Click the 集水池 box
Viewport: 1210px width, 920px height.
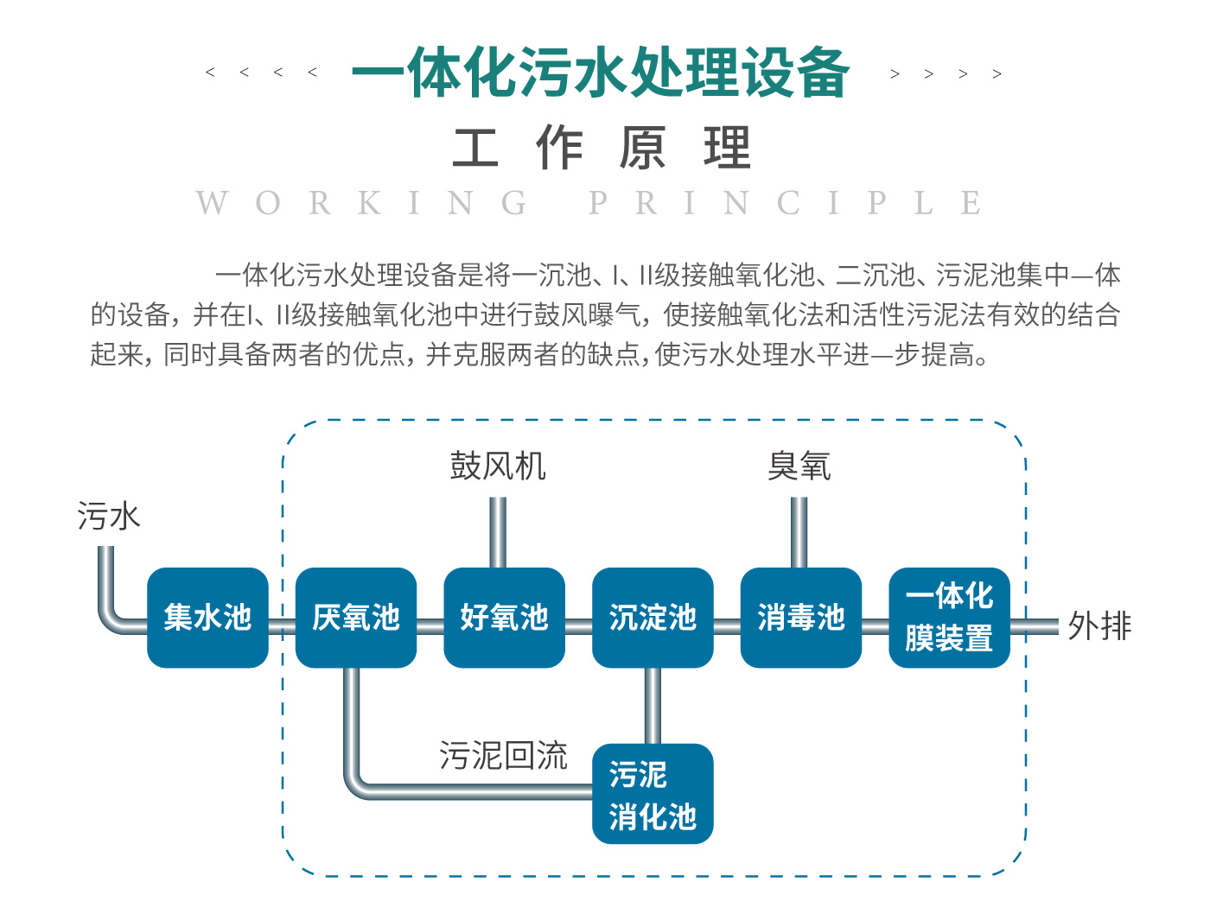[207, 618]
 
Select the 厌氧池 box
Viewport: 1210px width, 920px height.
[356, 618]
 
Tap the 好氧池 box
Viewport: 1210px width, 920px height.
[504, 618]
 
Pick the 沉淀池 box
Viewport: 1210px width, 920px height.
[653, 618]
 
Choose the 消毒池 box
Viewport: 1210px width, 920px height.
[801, 618]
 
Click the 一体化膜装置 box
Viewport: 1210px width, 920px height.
[949, 618]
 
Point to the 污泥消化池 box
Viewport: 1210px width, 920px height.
[653, 794]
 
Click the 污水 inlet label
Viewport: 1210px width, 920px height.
[109, 517]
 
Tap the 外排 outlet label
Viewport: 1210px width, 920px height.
[1099, 626]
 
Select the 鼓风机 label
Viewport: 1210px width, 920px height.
[498, 466]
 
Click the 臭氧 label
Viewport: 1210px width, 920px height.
[799, 466]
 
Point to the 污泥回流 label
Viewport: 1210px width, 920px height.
[503, 756]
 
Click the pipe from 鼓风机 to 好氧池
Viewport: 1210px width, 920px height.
[498, 532]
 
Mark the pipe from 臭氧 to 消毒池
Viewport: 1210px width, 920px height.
[799, 532]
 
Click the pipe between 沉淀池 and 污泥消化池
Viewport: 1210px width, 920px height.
[653, 705]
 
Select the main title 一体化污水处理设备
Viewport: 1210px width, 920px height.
[602, 72]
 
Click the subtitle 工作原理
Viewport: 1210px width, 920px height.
[602, 149]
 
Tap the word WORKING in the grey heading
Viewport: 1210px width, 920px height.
[362, 204]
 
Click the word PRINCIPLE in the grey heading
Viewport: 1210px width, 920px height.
[785, 204]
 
